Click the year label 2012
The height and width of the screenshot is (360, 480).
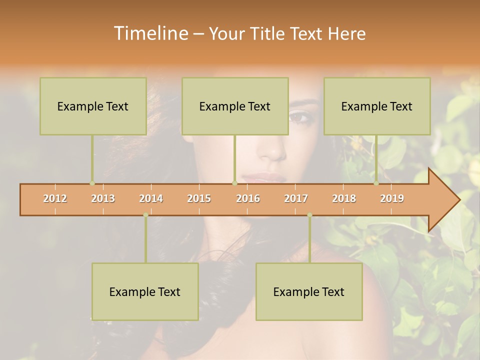pos(55,198)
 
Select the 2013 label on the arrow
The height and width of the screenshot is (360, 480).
pos(103,198)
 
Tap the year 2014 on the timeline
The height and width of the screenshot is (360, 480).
pos(151,198)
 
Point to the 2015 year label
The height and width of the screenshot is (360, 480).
pos(199,198)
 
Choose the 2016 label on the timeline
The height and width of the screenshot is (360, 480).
pos(248,198)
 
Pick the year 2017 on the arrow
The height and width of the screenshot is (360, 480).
pos(296,198)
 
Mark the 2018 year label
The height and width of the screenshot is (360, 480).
pos(344,198)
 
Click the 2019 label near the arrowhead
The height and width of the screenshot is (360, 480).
pos(392,198)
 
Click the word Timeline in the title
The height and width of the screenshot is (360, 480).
pos(150,33)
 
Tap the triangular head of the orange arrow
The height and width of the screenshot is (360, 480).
pos(442,200)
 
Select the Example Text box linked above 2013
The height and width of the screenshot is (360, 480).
pos(93,106)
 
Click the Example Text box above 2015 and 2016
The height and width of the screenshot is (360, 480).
pos(235,106)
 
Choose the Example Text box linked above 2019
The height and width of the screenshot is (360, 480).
pos(377,106)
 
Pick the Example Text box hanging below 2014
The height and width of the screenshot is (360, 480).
pos(145,291)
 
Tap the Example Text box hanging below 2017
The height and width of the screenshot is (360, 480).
pos(309,291)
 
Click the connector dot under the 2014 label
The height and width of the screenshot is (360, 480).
pos(145,215)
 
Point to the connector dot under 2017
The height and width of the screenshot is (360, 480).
pos(309,215)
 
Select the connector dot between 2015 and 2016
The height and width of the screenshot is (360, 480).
pos(234,183)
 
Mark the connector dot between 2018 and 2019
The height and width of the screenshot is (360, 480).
pos(376,183)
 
